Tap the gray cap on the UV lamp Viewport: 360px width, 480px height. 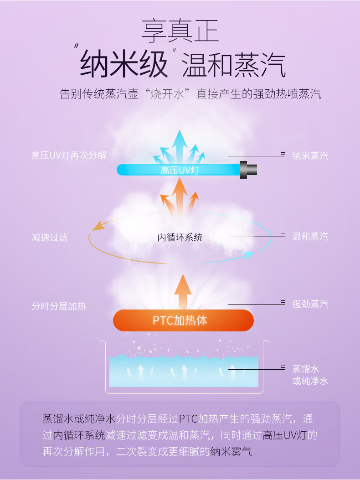[249, 170]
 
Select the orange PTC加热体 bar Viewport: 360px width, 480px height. [183, 320]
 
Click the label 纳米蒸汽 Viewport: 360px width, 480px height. [310, 156]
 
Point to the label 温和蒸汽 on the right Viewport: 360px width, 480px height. [310, 237]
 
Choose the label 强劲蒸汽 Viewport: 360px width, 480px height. [310, 304]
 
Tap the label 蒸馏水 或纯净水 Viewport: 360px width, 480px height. [310, 375]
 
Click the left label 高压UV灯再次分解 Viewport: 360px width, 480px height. [69, 155]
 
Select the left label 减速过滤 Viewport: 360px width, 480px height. [50, 237]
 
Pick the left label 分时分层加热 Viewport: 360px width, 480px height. [59, 306]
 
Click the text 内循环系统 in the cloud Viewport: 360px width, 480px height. [180, 237]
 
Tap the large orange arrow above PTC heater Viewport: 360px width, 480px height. [183, 292]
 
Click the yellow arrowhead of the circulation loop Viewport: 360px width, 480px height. [97, 226]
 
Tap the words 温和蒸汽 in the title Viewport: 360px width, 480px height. [234, 66]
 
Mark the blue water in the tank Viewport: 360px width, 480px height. [184, 372]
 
